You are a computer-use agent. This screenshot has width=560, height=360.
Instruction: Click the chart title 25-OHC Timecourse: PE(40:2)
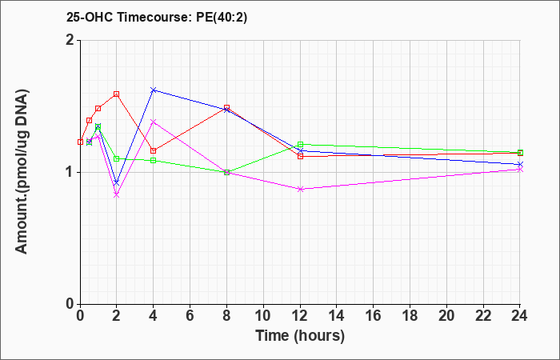click(157, 18)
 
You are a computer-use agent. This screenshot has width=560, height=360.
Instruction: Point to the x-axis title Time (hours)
click(300, 336)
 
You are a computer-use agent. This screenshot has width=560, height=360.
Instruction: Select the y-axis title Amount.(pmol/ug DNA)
click(22, 171)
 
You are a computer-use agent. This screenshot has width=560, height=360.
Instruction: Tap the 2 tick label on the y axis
click(70, 40)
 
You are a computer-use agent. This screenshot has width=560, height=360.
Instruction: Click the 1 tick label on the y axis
click(70, 172)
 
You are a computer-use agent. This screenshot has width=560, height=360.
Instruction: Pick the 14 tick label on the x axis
click(337, 316)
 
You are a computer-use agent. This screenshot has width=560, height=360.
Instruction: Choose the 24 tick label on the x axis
click(520, 316)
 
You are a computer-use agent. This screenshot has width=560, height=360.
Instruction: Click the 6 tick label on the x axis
click(190, 316)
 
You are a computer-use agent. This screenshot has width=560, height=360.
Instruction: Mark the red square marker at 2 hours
click(116, 94)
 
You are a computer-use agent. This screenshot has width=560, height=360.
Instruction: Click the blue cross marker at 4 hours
click(154, 90)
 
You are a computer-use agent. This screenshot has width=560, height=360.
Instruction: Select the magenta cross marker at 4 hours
click(154, 122)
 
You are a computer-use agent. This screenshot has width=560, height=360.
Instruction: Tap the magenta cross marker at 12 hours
click(300, 189)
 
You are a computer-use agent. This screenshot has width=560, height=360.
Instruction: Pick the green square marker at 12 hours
click(300, 145)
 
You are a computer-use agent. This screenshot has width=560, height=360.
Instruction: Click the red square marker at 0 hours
click(80, 142)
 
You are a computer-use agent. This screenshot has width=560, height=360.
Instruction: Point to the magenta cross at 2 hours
click(116, 194)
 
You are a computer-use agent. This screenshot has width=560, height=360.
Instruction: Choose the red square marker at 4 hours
click(154, 150)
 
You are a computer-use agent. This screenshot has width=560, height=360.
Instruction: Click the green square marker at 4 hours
click(154, 160)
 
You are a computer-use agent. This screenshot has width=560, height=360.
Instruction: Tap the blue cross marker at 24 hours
click(520, 164)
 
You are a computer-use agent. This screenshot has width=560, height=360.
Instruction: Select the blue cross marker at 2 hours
click(116, 183)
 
